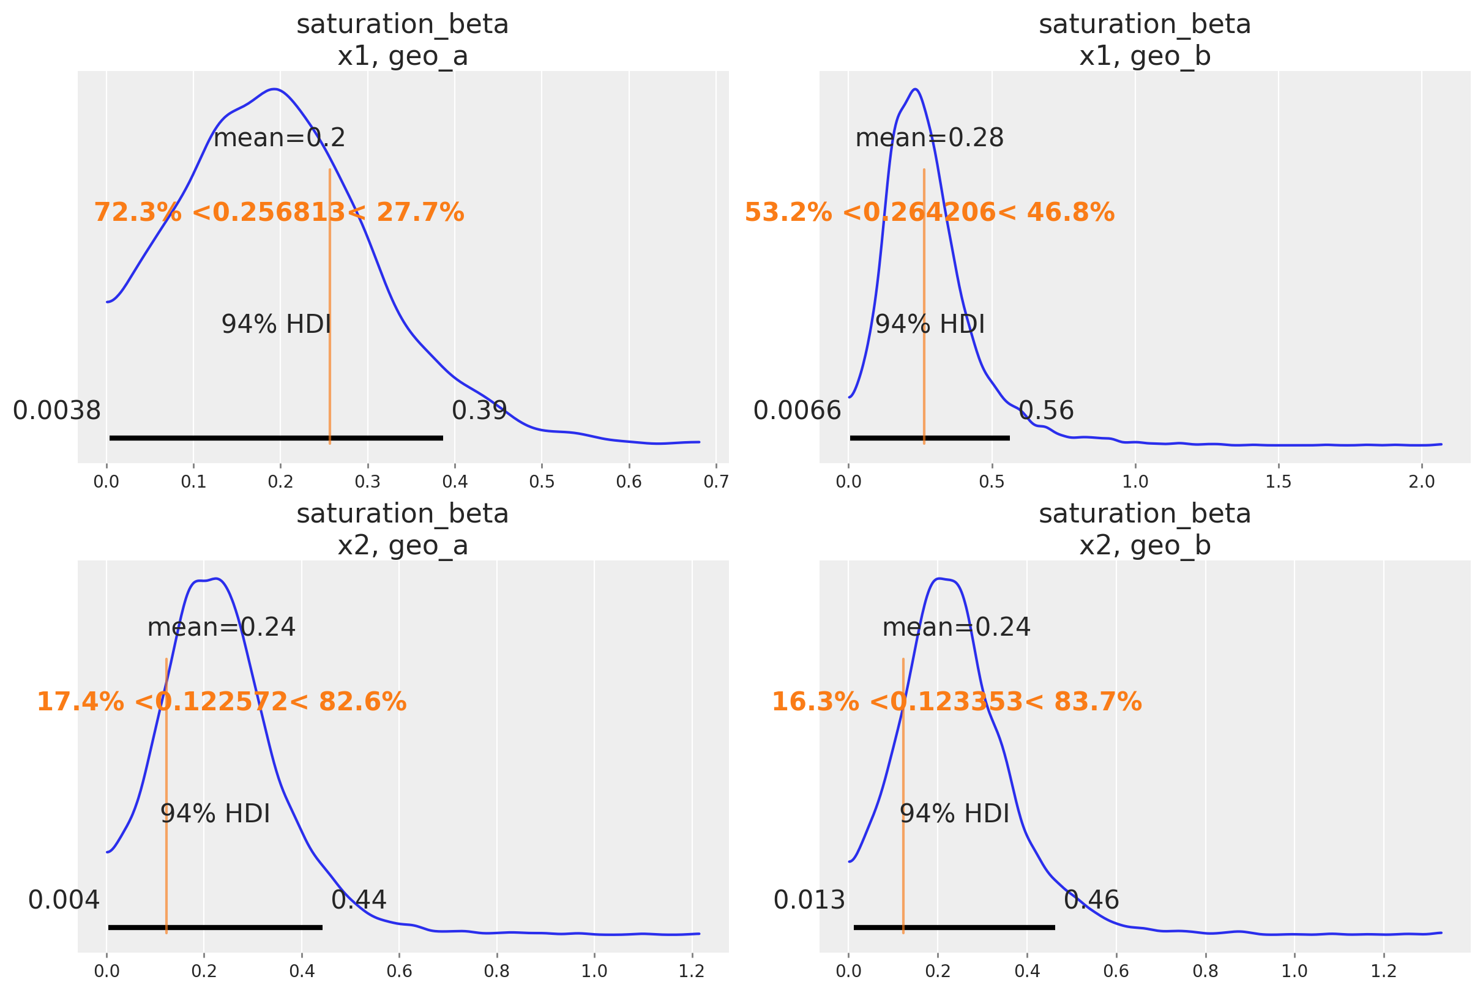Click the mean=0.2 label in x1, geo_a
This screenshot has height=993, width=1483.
click(278, 138)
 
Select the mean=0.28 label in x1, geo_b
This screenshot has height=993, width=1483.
click(929, 138)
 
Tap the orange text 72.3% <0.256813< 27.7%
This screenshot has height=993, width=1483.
click(278, 213)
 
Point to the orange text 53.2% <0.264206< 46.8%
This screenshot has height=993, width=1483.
click(929, 213)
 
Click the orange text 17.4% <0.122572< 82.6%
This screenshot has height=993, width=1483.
click(221, 702)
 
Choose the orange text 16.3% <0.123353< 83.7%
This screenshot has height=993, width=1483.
click(957, 702)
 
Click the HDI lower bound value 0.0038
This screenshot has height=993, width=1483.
click(57, 411)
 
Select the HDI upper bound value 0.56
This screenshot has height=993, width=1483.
click(1046, 411)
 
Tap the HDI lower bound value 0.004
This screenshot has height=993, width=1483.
click(64, 900)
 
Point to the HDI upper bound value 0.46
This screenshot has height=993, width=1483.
click(1091, 900)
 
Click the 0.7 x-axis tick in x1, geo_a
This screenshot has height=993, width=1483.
click(716, 483)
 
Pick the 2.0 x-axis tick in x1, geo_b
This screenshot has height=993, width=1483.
click(1422, 483)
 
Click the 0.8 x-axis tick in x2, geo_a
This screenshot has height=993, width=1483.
click(496, 972)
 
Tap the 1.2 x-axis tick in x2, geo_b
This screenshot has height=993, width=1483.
click(1384, 972)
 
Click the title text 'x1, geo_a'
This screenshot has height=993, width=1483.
click(402, 56)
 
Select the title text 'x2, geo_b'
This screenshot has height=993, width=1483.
click(1145, 545)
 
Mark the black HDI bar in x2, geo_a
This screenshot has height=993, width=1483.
click(215, 927)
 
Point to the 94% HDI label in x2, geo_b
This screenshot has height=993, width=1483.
click(954, 814)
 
